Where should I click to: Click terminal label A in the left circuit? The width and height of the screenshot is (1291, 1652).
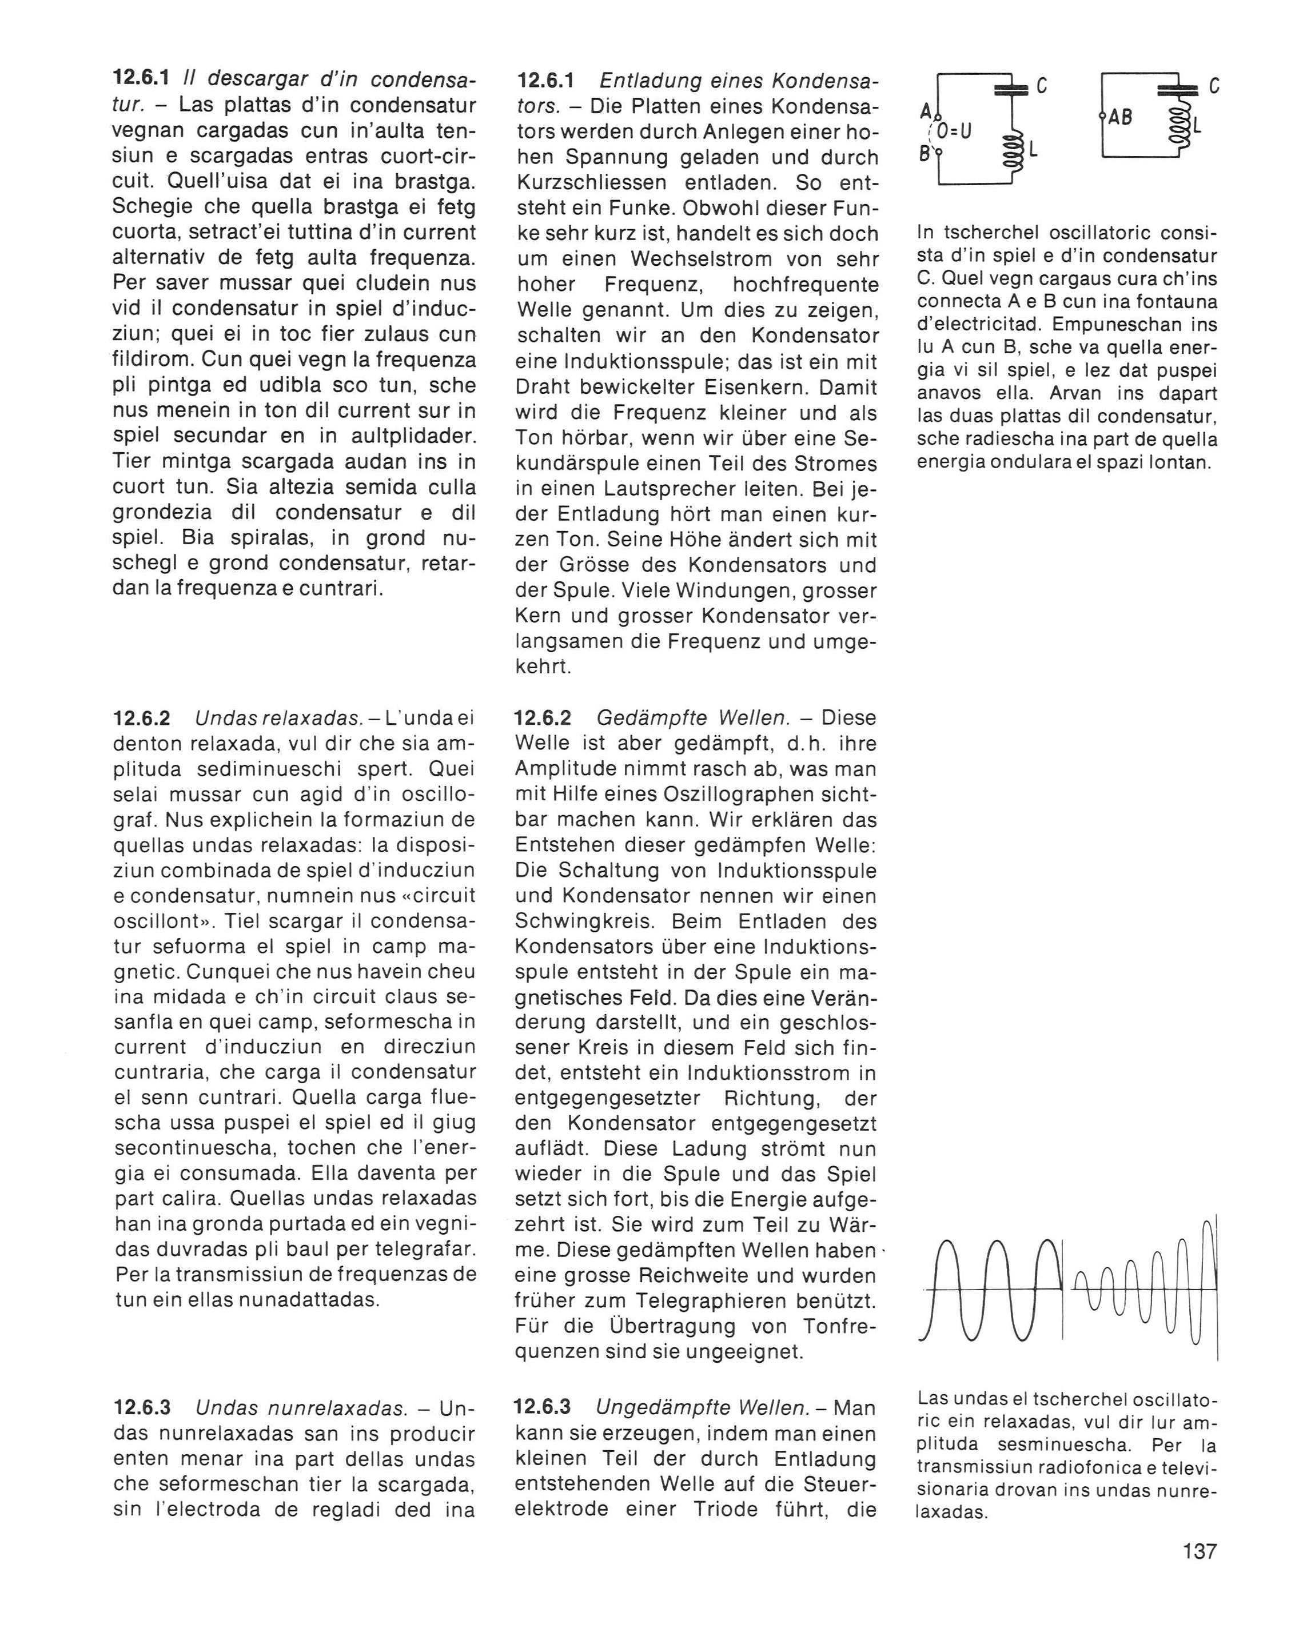click(926, 111)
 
